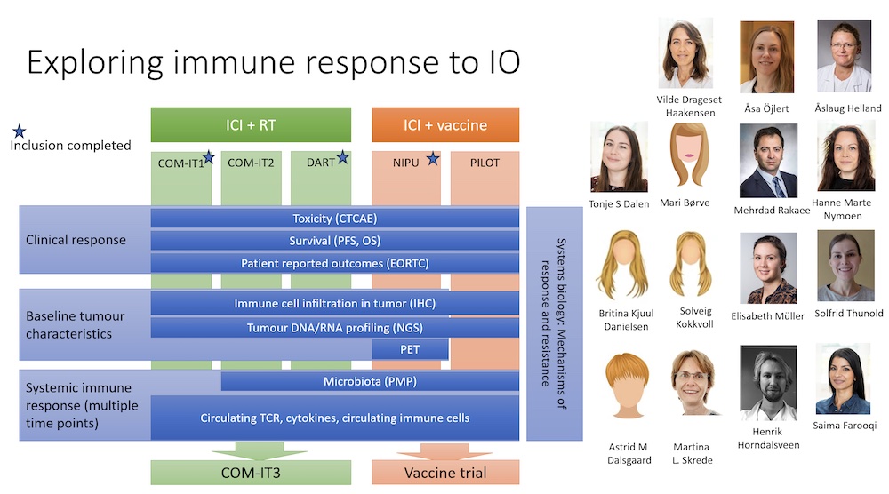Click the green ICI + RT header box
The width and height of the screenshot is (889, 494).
click(251, 124)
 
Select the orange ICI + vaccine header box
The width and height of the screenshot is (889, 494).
click(445, 124)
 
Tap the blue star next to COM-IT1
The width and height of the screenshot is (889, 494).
click(209, 157)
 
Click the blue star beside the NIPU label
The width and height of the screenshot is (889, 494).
click(433, 159)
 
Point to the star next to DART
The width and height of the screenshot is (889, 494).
click(342, 157)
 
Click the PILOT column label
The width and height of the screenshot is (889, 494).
click(485, 163)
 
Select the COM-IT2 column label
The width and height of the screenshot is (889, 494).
click(251, 163)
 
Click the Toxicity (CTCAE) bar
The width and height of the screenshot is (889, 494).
click(334, 218)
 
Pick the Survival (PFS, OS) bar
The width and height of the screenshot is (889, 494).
click(334, 241)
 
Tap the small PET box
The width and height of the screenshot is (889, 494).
click(410, 349)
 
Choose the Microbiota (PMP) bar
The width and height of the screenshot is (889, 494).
click(370, 381)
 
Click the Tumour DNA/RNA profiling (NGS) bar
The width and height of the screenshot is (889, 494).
click(334, 328)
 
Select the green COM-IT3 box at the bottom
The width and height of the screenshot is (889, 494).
click(251, 473)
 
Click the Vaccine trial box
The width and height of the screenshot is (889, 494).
click(445, 473)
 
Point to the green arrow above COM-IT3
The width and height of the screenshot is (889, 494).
click(259, 451)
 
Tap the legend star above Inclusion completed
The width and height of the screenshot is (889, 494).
click(20, 131)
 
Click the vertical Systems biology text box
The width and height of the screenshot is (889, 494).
click(555, 323)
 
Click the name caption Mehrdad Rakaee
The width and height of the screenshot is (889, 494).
click(772, 211)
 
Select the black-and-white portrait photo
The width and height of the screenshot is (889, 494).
click(768, 383)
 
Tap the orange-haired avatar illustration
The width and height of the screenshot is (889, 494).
click(627, 386)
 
